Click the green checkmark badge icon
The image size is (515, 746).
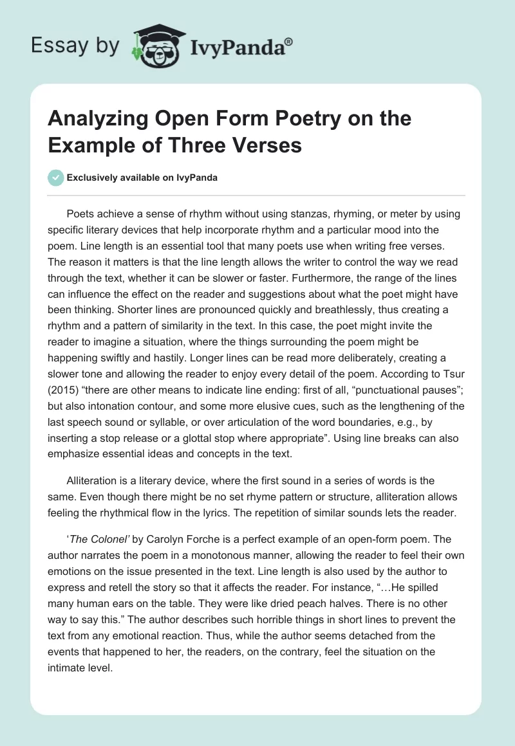point(56,177)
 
